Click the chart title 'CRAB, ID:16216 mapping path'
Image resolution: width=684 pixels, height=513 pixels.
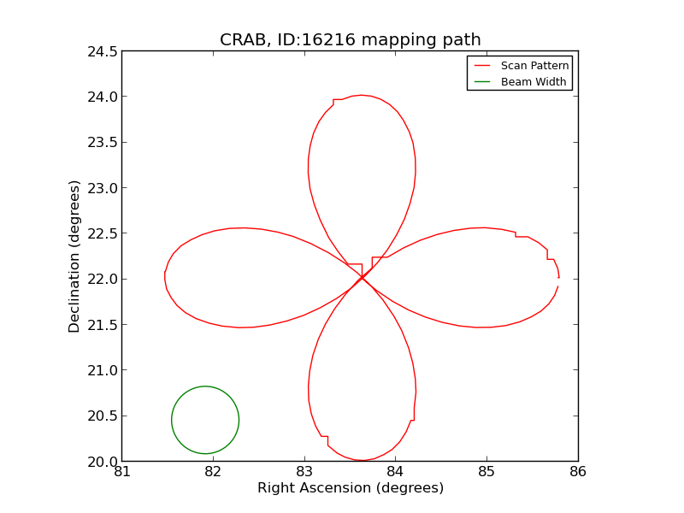[x=350, y=40]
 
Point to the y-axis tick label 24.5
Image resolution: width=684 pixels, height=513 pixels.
[x=100, y=51]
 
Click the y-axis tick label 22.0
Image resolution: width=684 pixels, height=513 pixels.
[x=100, y=279]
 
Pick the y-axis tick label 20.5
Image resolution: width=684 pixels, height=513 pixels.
[x=100, y=416]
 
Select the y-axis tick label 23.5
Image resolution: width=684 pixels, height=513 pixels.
[x=100, y=142]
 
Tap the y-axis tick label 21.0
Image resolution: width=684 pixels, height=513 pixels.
[x=100, y=370]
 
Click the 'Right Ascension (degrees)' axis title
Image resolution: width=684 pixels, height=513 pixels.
[x=350, y=488]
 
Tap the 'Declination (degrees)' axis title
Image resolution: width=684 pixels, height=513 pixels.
[x=75, y=256]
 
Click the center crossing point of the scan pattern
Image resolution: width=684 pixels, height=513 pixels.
[x=362, y=277]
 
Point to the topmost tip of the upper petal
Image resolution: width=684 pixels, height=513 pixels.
[x=361, y=95]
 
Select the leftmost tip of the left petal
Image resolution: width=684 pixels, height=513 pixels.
[x=164, y=274]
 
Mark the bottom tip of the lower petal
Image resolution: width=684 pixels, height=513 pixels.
[x=362, y=461]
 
